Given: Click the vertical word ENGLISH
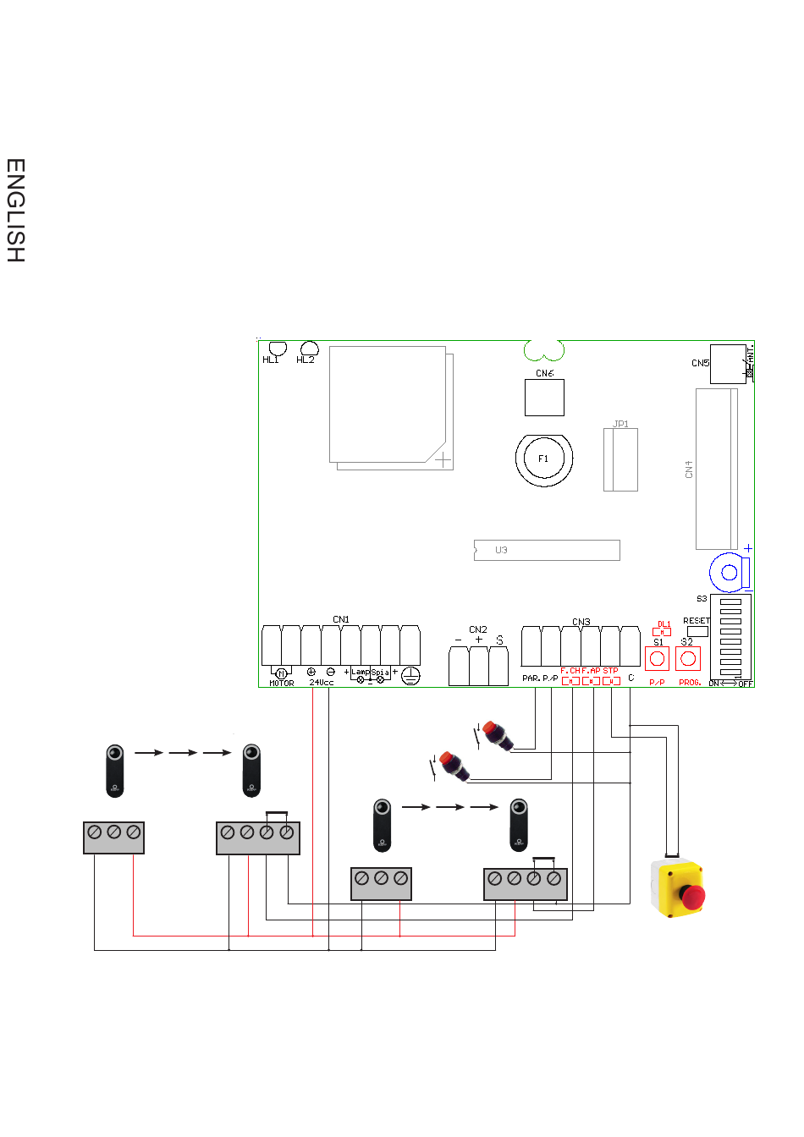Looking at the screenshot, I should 15,211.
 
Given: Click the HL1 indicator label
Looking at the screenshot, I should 271,360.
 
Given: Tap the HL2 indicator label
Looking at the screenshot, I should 306,360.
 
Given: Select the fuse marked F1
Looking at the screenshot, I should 543,459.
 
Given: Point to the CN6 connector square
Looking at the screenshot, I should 544,398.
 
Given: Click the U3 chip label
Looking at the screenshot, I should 501,551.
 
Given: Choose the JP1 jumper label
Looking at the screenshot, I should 621,425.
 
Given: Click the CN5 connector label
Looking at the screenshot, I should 700,364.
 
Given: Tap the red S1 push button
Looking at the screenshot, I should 658,659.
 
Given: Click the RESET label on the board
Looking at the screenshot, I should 697,621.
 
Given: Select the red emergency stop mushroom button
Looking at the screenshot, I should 693,897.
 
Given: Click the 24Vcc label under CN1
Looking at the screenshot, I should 321,683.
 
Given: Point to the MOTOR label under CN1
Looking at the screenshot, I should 281,684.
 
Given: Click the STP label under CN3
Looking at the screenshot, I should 610,671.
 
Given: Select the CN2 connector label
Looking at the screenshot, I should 478,630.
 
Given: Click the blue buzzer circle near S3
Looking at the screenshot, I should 729,573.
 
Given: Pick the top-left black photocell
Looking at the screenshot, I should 115,770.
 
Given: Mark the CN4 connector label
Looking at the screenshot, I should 689,470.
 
